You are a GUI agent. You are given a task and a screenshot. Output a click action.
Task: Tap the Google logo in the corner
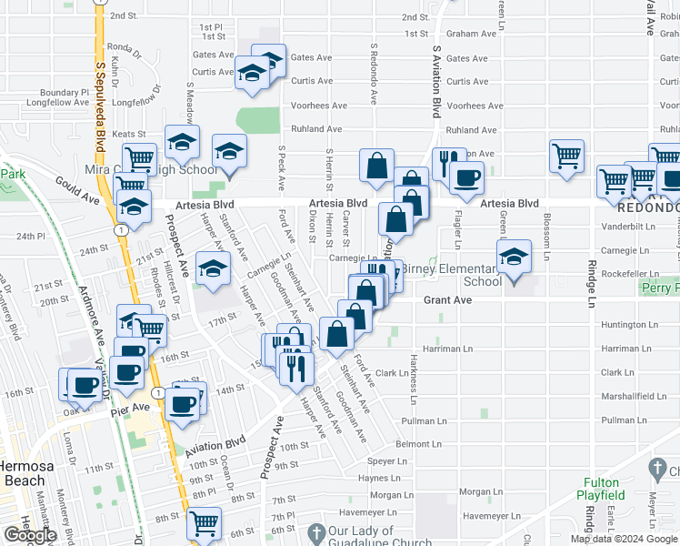coord(31,535)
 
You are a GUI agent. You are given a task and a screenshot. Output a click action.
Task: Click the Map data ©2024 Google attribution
coord(623,539)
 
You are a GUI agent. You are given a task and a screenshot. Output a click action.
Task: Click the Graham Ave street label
coord(471,34)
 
